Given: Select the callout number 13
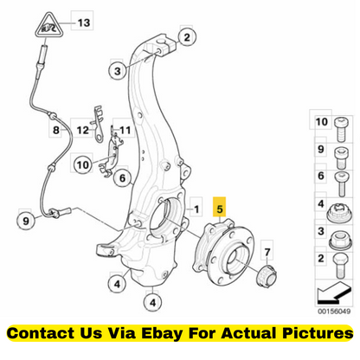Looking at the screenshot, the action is click(x=84, y=22).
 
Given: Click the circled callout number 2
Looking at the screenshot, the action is click(x=187, y=37).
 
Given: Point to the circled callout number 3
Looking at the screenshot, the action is click(x=118, y=71).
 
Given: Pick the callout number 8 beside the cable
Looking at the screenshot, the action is click(x=56, y=130).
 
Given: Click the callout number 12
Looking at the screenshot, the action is click(x=82, y=130).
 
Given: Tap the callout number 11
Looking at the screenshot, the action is click(x=125, y=130).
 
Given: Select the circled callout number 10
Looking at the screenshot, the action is click(x=83, y=164).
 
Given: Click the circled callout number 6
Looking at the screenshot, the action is click(x=123, y=178).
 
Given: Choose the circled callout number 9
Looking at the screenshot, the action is click(x=26, y=221).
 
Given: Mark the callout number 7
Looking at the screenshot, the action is click(x=267, y=252).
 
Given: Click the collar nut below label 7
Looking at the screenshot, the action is click(x=267, y=277).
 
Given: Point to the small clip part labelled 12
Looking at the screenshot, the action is click(x=99, y=124).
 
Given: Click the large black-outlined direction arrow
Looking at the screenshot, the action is click(x=334, y=293).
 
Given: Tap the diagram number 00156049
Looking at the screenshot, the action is click(x=334, y=312).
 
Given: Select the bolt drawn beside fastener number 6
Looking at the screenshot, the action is click(x=342, y=183).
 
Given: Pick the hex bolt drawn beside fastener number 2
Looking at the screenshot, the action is click(x=341, y=266).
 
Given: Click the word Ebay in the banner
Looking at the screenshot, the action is click(x=162, y=333).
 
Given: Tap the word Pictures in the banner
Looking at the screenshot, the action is click(x=318, y=333).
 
